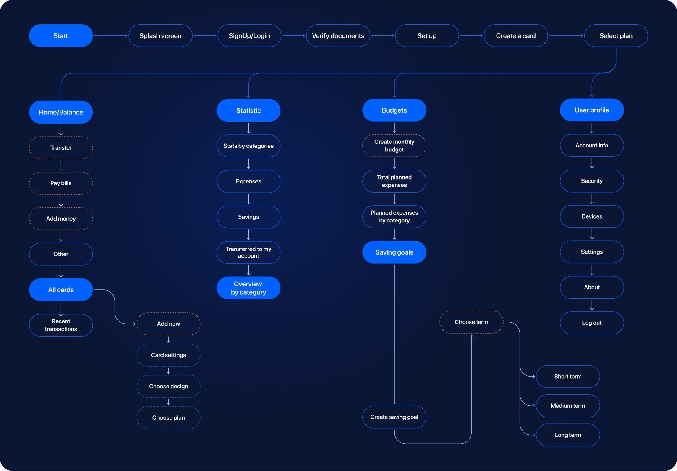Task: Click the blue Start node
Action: (x=61, y=36)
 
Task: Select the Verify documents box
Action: (x=338, y=36)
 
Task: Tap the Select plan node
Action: (x=616, y=36)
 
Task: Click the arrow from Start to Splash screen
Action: (x=111, y=36)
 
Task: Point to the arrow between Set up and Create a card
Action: (x=471, y=36)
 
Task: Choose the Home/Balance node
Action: (x=61, y=112)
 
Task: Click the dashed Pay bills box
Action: (x=61, y=183)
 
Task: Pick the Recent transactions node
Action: (x=61, y=325)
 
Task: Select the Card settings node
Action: (x=168, y=355)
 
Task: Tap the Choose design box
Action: (x=168, y=386)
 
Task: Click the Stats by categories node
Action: (x=248, y=146)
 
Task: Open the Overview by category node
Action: (x=248, y=288)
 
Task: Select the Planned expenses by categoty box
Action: (x=394, y=217)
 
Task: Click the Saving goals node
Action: (x=394, y=252)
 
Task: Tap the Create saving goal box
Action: (x=394, y=417)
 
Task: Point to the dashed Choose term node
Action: (x=471, y=322)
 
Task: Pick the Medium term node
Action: (x=568, y=406)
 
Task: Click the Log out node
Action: (x=591, y=323)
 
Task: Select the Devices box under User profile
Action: (x=591, y=216)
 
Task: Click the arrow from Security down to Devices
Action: (x=592, y=199)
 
